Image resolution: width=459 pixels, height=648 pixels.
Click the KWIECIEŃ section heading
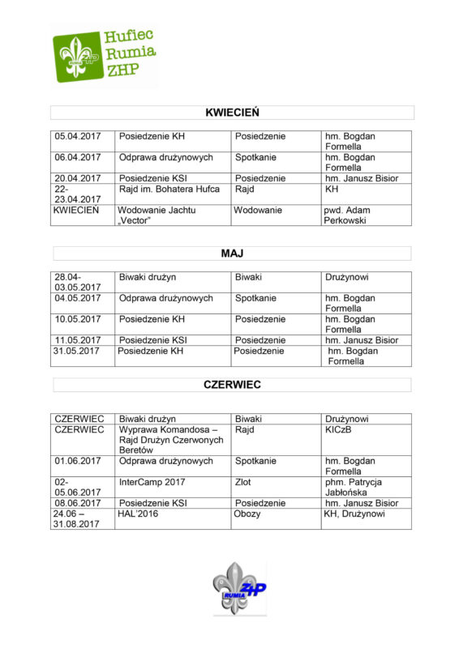(x=232, y=113)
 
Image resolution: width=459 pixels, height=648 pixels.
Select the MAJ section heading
(x=232, y=254)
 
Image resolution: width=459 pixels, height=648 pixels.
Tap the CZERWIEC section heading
(x=232, y=385)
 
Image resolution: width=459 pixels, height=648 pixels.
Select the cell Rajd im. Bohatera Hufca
(x=169, y=190)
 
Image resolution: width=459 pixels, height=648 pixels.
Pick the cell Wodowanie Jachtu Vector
(x=158, y=215)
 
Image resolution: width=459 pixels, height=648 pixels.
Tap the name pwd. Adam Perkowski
(x=345, y=215)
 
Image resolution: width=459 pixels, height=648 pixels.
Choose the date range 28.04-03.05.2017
(x=78, y=283)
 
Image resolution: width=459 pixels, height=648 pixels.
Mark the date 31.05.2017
(x=78, y=351)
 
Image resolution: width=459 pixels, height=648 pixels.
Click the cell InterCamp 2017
(x=152, y=482)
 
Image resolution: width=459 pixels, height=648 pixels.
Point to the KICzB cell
(x=339, y=429)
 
